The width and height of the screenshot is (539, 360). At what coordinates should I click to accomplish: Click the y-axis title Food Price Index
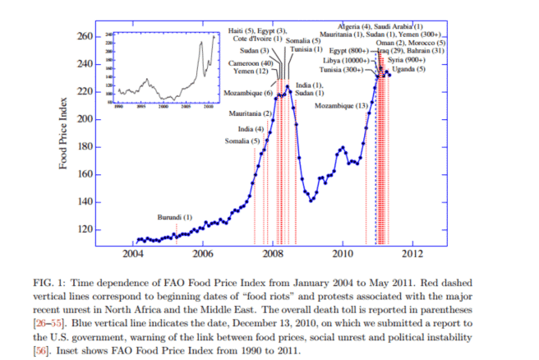pos(63,133)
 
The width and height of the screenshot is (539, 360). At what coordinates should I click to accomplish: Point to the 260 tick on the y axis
pos(84,36)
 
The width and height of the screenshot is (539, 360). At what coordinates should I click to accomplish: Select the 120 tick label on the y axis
pos(84,229)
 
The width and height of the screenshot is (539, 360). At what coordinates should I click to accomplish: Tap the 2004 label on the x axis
pos(133,253)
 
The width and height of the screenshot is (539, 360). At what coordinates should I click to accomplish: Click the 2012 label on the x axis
pos(412,253)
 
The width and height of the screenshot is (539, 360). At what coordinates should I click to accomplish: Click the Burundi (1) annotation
pos(174,217)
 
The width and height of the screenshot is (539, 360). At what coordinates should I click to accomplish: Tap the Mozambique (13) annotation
pos(341,106)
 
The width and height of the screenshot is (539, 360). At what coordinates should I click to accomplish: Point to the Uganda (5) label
pos(408,70)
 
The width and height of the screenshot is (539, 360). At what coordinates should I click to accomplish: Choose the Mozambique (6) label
pos(251,93)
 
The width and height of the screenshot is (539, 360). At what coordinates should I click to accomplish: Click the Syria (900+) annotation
pos(406,60)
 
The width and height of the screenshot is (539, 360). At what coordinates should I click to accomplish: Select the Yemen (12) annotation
pos(251,72)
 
